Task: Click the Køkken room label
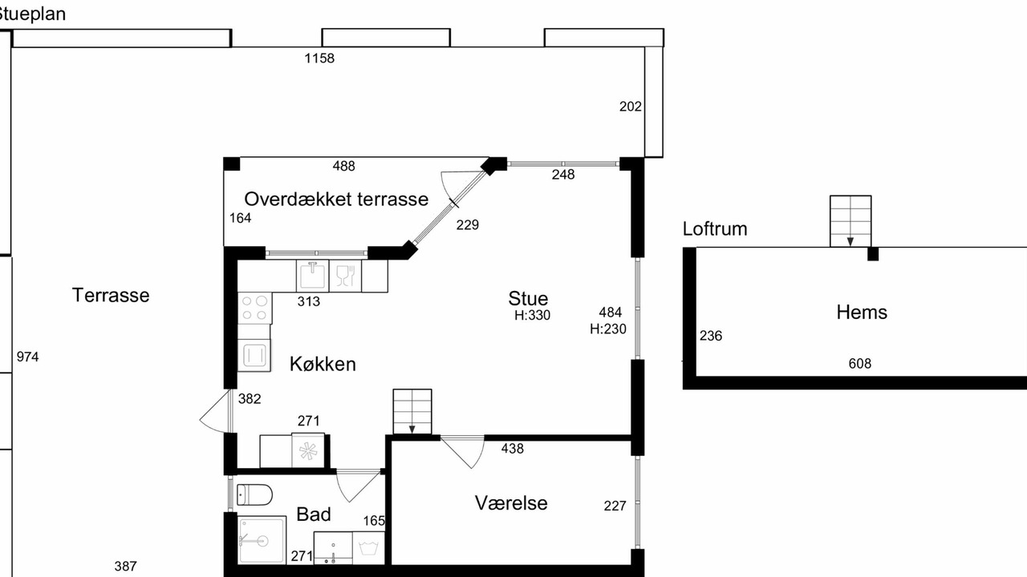[x=323, y=364]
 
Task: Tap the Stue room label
[x=528, y=299]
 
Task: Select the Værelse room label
[x=511, y=502]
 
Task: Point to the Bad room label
[x=314, y=514]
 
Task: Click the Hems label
[x=862, y=313]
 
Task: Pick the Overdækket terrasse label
[x=336, y=200]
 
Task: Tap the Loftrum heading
[x=715, y=229]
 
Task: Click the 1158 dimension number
[x=319, y=59]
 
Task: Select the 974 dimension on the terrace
[x=27, y=357]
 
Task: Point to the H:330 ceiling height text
[x=532, y=316]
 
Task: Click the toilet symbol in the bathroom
[x=254, y=494]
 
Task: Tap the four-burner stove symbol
[x=255, y=309]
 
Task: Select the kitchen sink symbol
[x=313, y=276]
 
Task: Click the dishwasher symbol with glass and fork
[x=345, y=276]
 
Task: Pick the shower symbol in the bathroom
[x=262, y=540]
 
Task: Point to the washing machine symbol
[x=368, y=548]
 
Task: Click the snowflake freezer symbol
[x=308, y=451]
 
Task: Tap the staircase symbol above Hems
[x=850, y=221]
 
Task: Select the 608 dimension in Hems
[x=859, y=364]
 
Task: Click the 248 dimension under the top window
[x=563, y=175]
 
